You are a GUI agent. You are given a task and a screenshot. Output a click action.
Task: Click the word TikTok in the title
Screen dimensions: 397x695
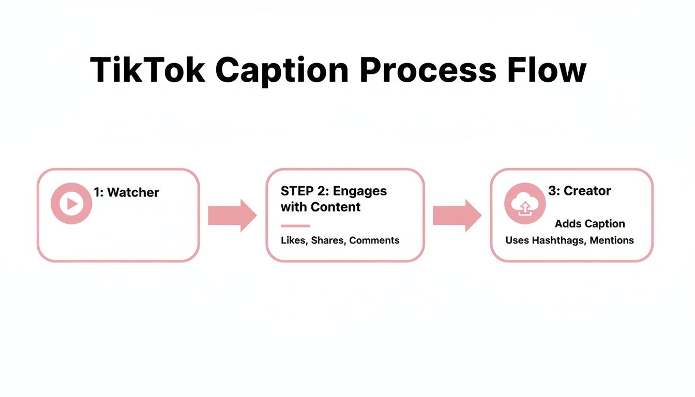click(148, 70)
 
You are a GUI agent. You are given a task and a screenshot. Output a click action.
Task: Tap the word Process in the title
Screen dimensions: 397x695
click(428, 70)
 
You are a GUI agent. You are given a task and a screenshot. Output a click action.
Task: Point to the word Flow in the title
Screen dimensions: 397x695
click(547, 70)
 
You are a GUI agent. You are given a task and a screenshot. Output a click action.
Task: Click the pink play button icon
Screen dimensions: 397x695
click(71, 204)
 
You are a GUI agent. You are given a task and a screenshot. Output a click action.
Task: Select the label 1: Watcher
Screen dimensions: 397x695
click(126, 193)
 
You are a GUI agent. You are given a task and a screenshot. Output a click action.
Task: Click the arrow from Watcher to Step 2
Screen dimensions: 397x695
click(232, 215)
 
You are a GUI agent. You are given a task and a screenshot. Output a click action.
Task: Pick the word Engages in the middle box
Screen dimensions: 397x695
click(359, 191)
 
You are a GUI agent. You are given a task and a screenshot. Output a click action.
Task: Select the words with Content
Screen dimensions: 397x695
click(321, 207)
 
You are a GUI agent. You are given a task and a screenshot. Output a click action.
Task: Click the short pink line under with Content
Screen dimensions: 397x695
click(295, 226)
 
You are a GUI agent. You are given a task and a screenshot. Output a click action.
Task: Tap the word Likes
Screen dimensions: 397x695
click(293, 240)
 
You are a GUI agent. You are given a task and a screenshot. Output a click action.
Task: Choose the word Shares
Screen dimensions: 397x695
click(327, 240)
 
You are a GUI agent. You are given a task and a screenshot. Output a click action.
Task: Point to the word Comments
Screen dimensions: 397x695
click(374, 240)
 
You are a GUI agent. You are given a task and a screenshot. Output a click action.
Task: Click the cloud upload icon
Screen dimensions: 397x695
click(524, 204)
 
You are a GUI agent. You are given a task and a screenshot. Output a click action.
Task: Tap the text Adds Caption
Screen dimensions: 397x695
click(590, 224)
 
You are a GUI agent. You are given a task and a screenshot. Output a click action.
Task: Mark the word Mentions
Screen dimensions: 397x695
click(612, 240)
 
